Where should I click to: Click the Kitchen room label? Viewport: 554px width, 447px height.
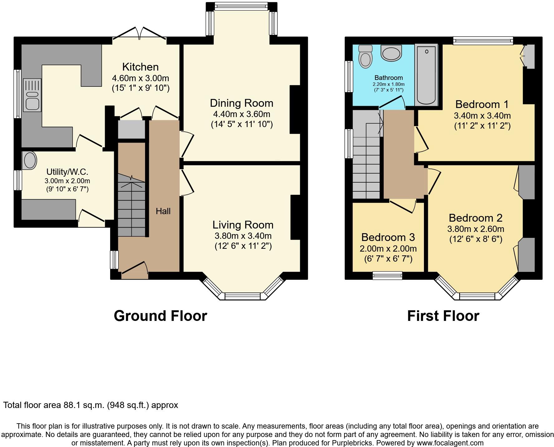140,67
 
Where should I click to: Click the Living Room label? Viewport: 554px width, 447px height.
243,225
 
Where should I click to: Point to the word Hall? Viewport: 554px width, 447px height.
163,211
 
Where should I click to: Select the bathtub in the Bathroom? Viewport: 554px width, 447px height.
426,75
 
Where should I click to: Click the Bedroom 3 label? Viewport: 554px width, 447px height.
388,237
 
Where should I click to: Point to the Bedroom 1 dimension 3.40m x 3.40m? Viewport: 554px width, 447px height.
482,116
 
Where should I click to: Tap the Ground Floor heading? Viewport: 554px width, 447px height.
160,316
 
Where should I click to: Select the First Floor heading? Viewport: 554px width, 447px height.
443,316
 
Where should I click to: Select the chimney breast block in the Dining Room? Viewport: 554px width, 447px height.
295,109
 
